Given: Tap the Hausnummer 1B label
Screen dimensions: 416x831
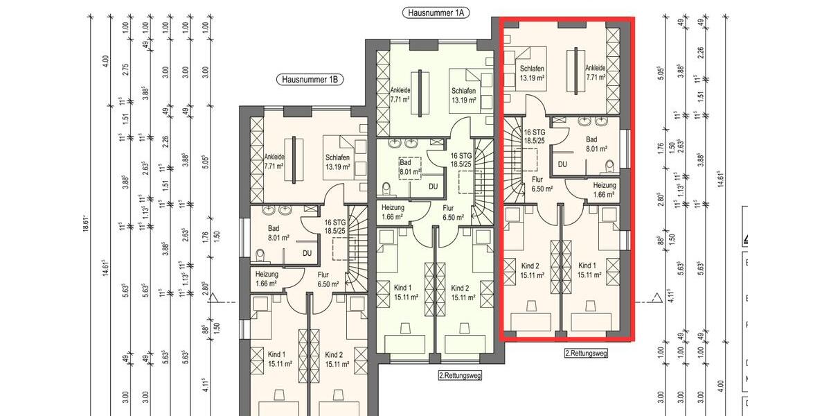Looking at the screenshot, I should point(310,80).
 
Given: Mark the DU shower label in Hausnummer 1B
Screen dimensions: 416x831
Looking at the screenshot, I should point(306,254).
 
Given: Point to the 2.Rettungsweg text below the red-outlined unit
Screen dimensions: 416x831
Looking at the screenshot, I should point(586,353).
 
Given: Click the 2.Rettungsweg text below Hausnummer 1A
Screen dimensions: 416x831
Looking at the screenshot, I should point(460,375).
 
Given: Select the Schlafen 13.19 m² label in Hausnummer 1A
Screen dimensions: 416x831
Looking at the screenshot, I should point(463,96).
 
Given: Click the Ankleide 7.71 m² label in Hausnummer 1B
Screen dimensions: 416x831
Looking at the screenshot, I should point(275,162).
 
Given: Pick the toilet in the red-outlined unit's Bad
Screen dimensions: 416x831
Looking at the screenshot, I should point(609,166).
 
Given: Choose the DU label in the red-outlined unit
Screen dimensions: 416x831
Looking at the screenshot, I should point(562,164).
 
